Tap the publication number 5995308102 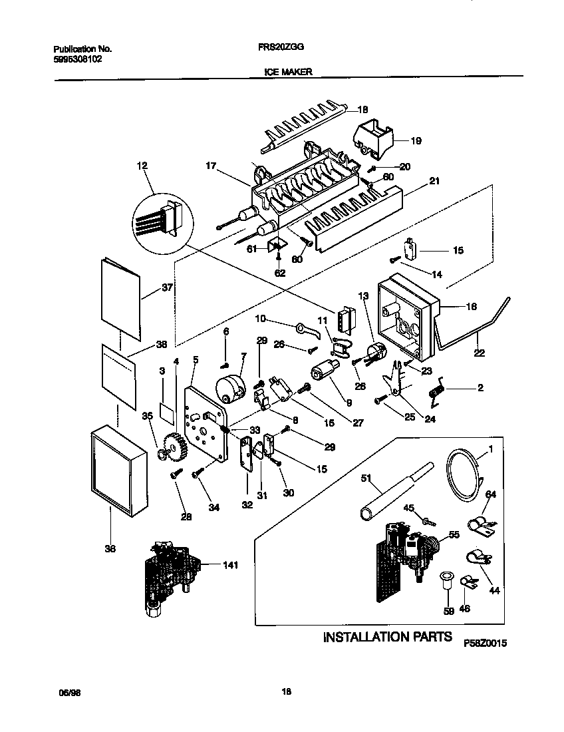pyautogui.click(x=77, y=59)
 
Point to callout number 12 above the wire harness pyautogui.click(x=143, y=165)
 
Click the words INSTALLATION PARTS pyautogui.click(x=387, y=638)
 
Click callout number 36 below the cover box pyautogui.click(x=110, y=549)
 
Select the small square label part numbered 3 pyautogui.click(x=168, y=411)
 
